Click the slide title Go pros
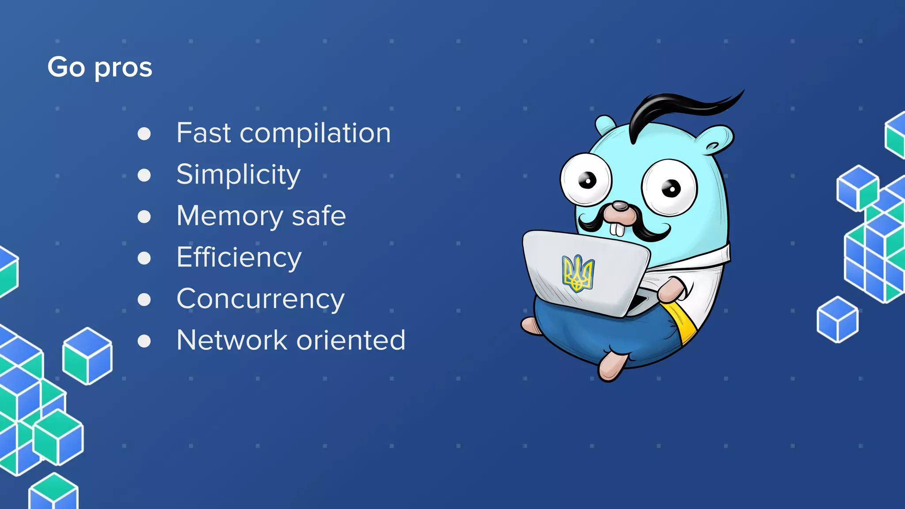(x=100, y=68)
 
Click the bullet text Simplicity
(x=238, y=175)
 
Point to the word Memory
(x=230, y=216)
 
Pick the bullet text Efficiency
(x=239, y=258)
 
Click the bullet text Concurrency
(x=260, y=300)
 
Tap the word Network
(x=232, y=340)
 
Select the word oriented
(x=351, y=340)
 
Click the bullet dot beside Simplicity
(x=144, y=175)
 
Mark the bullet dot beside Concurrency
(x=144, y=300)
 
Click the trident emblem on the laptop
(x=578, y=273)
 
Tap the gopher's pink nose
(x=620, y=206)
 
